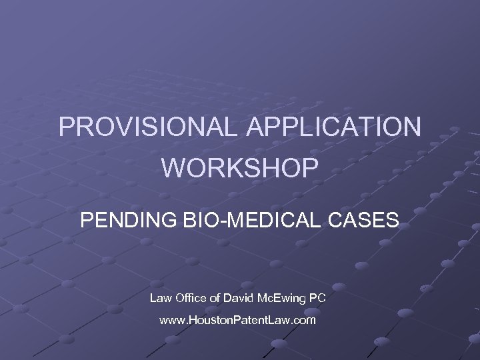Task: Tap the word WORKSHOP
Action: [x=240, y=168]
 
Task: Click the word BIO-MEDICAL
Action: [x=250, y=219]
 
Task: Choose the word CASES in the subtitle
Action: [x=366, y=219]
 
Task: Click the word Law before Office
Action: [x=160, y=298]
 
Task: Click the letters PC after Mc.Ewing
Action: [x=319, y=298]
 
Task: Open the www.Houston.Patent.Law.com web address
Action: [x=238, y=321]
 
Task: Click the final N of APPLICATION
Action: [x=412, y=127]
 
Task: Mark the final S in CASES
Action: [x=393, y=219]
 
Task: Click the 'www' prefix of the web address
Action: [x=171, y=321]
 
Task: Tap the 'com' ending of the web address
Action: [x=304, y=321]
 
